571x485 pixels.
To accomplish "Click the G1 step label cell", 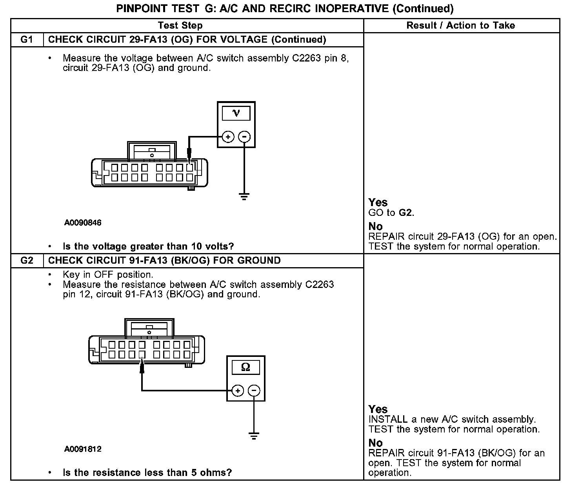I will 27,40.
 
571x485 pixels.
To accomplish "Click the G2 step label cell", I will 27,261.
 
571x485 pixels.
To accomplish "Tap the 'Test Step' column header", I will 180,25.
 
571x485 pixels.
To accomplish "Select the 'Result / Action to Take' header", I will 461,25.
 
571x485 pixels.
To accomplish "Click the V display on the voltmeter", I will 236,113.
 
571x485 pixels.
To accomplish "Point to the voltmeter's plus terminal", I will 228,137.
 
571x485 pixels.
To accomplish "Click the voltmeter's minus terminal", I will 244,137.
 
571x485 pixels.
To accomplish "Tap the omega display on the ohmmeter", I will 245,367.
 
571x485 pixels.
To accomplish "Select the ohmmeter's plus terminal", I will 238,390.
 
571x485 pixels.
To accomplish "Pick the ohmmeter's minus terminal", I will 254,390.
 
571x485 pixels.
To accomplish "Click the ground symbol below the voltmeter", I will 244,197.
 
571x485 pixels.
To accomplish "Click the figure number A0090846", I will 83,223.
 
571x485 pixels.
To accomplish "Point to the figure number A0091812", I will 83,449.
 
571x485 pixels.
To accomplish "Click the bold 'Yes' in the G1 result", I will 378,203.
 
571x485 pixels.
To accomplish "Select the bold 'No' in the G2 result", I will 376,443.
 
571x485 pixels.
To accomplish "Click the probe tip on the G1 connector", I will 189,161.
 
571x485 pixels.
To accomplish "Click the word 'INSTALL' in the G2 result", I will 388,420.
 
